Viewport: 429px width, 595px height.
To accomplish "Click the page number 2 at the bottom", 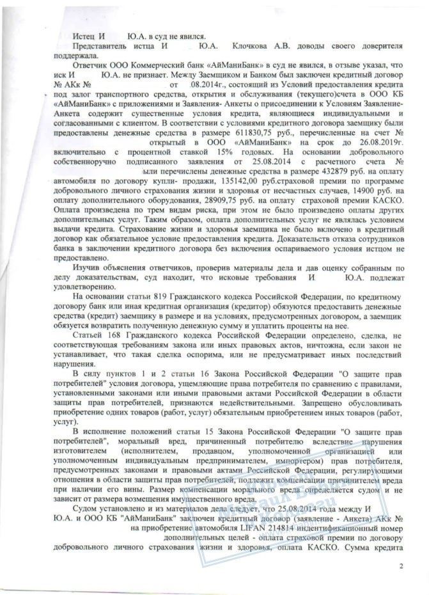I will point(401,566).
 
